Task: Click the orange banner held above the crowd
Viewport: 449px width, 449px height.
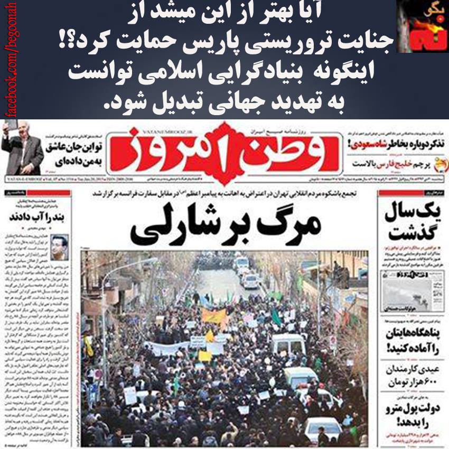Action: pyautogui.click(x=214, y=316)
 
